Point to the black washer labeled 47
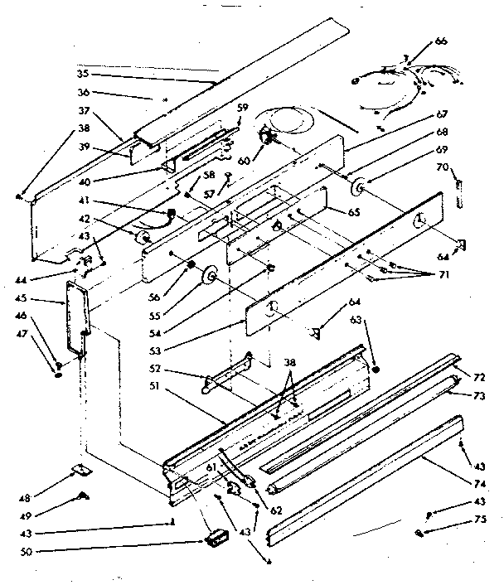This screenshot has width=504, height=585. click(59, 375)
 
